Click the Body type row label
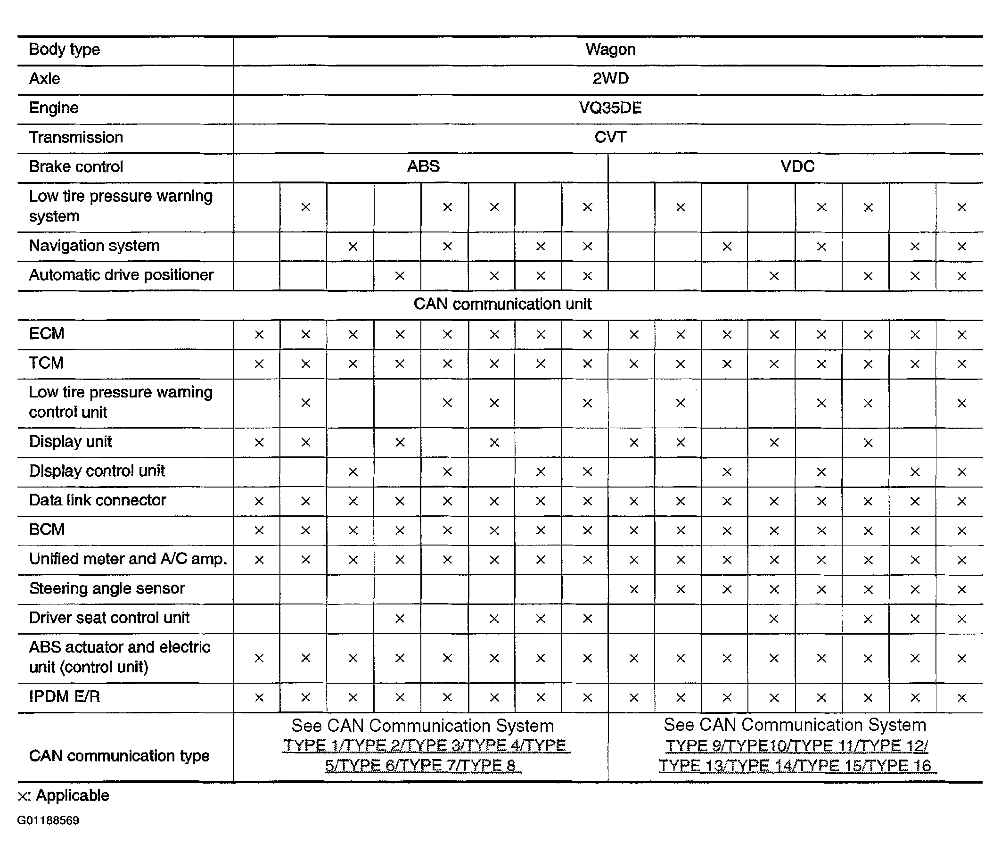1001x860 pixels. coord(64,50)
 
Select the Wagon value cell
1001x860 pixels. coord(610,50)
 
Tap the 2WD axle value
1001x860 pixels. coord(610,78)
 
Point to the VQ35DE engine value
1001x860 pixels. coord(610,108)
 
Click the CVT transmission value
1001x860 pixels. coord(610,137)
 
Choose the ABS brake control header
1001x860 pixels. coord(423,166)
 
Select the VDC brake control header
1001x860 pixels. coord(797,167)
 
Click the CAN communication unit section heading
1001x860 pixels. coord(502,304)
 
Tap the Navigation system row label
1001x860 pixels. coord(94,246)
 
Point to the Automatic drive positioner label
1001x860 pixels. coord(121,275)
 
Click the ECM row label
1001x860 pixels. coord(46,333)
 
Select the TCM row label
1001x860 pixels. coord(46,363)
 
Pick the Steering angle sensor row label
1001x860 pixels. coord(107,588)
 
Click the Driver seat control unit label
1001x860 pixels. coord(109,618)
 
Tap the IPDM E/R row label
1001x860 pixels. coord(64,696)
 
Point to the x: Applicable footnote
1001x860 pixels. coord(64,795)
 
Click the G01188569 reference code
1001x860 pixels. coord(49,820)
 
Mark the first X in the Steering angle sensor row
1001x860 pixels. coord(634,589)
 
